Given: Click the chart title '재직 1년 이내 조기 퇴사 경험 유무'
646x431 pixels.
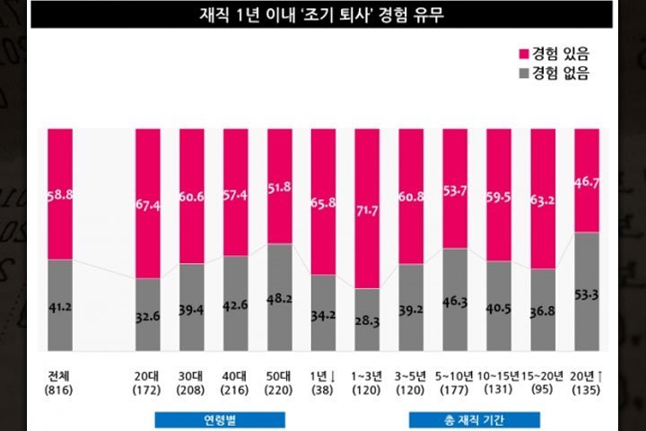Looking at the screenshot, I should pyautogui.click(x=322, y=14).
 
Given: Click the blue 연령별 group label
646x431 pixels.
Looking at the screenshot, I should pyautogui.click(x=220, y=419).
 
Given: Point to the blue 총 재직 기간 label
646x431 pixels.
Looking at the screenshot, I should pyautogui.click(x=475, y=419).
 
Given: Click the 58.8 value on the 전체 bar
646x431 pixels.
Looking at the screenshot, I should pyautogui.click(x=60, y=193).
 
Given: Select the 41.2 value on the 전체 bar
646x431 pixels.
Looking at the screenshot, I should pyautogui.click(x=60, y=306).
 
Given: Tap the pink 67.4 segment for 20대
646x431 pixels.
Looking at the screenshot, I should pyautogui.click(x=148, y=203).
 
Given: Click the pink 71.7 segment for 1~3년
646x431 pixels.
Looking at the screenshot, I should pyautogui.click(x=367, y=208).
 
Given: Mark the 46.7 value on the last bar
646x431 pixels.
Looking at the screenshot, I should pyautogui.click(x=587, y=180).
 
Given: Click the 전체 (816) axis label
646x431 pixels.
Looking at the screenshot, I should pyautogui.click(x=60, y=382).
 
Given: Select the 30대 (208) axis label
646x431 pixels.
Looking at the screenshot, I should pyautogui.click(x=192, y=382).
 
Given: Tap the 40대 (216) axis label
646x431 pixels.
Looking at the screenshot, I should pyautogui.click(x=235, y=382).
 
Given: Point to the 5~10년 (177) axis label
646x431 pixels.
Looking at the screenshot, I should pyautogui.click(x=455, y=382).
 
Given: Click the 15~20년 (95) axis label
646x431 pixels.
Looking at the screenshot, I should pyautogui.click(x=544, y=382).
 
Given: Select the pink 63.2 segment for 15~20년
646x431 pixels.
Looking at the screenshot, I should pyautogui.click(x=544, y=198).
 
